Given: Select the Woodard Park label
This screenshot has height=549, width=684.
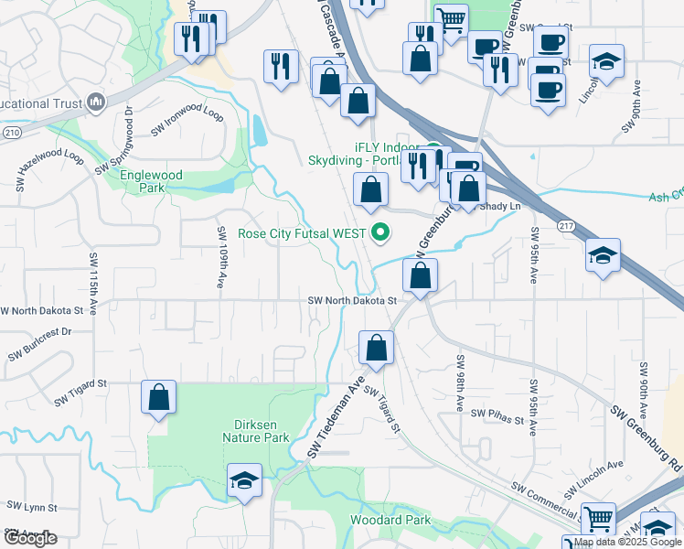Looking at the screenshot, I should click(390, 520).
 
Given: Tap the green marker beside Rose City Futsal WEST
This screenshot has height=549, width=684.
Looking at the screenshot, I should click(381, 233).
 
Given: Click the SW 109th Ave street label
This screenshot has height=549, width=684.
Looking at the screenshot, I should click(221, 259).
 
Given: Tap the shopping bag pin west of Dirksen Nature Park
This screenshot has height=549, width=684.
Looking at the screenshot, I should click(159, 398).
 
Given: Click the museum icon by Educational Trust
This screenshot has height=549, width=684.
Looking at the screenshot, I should click(95, 103).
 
